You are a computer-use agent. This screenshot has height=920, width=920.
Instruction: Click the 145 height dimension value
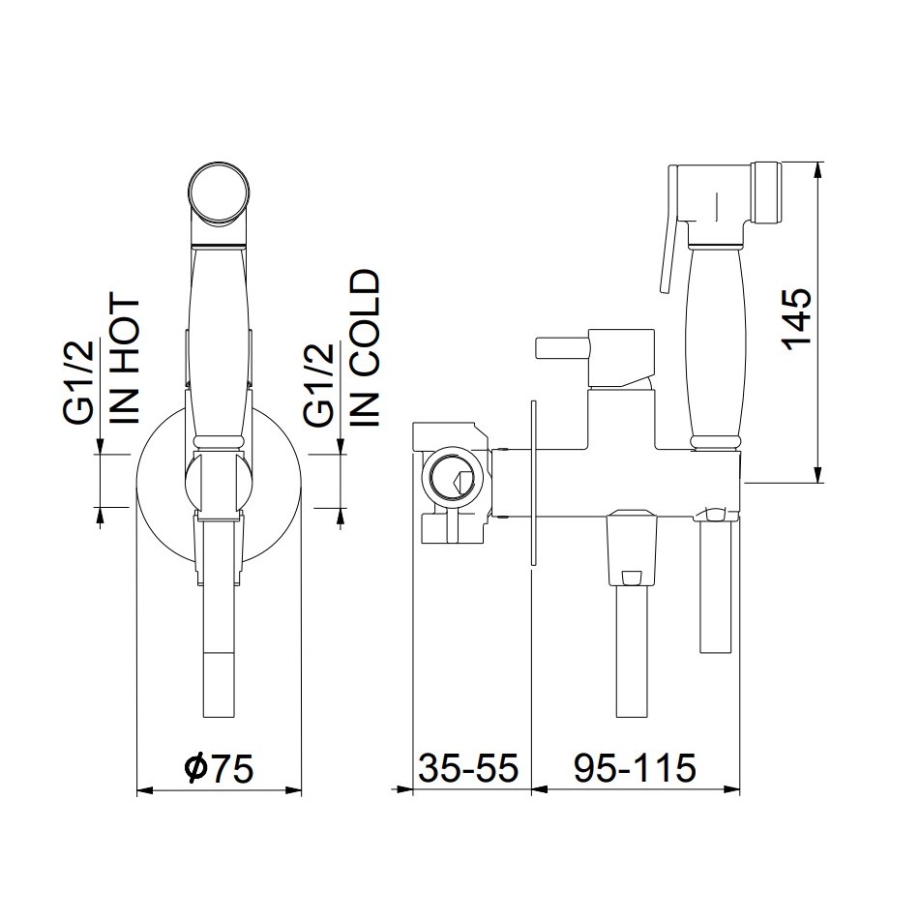pos(799,320)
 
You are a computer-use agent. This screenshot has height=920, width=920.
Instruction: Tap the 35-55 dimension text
pos(469,768)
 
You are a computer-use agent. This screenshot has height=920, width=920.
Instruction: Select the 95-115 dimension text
pos(636,768)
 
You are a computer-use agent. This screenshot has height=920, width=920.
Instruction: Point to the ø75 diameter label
pos(219,769)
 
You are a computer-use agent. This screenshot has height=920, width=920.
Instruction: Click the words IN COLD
pos(365,347)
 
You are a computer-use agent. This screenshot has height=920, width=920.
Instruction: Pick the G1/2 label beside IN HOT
pos(78,382)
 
